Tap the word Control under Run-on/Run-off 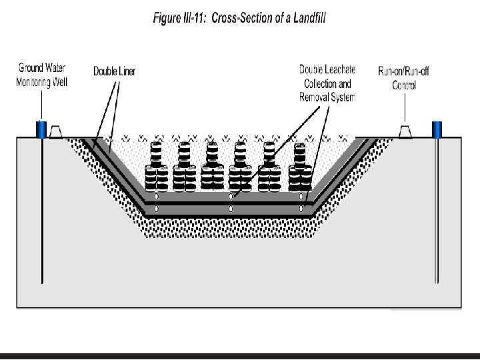(403, 85)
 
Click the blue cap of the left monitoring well (41, 129)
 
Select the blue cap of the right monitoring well (438, 129)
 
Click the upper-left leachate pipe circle (157, 197)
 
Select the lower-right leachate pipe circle (301, 209)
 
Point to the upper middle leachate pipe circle (231, 197)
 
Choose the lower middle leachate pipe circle (231, 209)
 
